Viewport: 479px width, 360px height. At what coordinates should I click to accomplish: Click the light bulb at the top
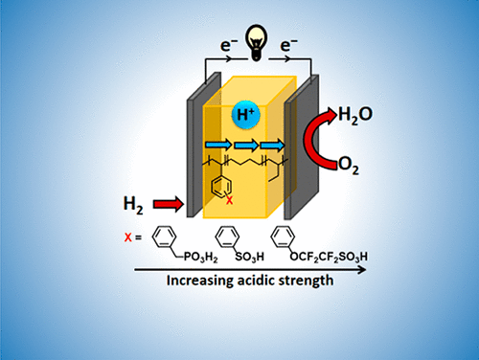tap(239, 28)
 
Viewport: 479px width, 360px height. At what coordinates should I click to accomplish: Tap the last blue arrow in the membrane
tap(274, 145)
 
